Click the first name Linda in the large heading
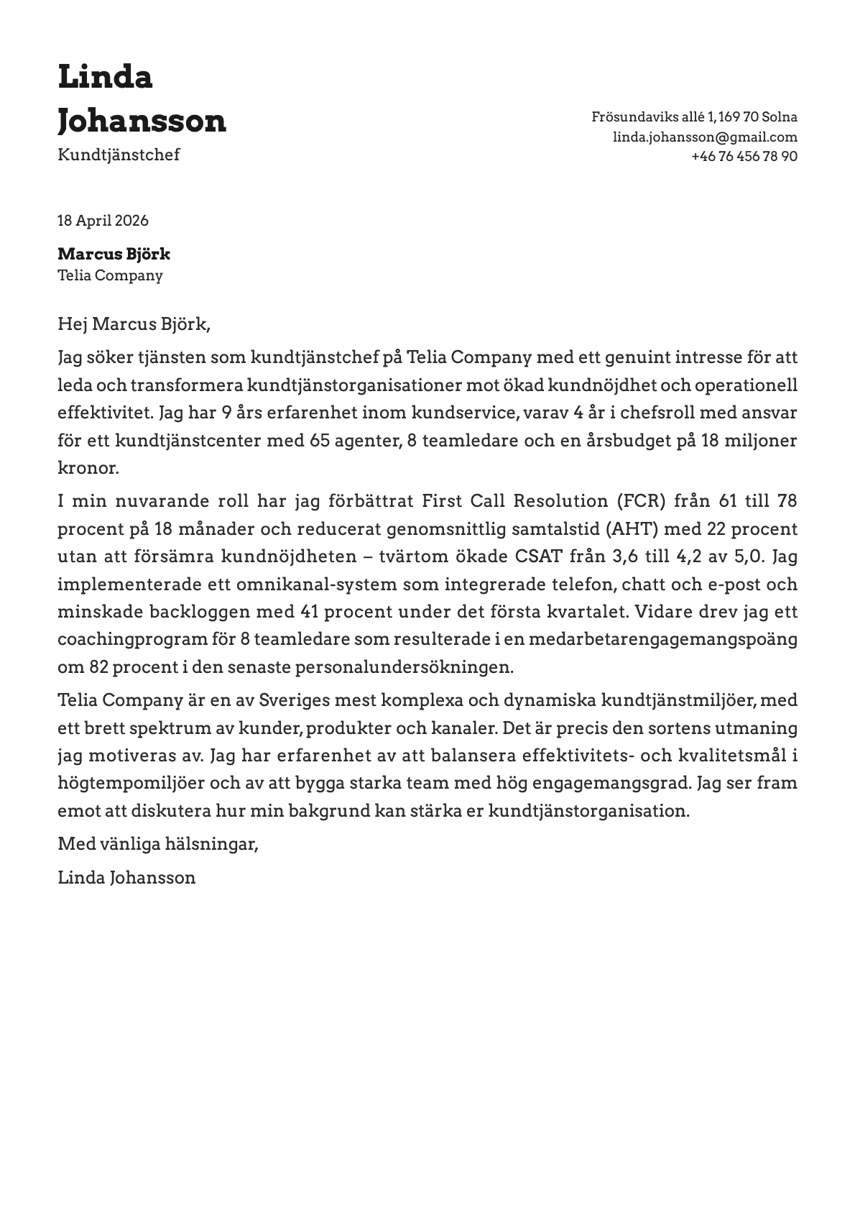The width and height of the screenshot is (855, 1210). (x=105, y=77)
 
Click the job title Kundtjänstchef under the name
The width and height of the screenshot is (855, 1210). (x=119, y=155)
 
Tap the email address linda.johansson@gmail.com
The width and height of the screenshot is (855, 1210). (x=704, y=137)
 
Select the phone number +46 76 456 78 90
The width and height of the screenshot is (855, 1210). (x=744, y=156)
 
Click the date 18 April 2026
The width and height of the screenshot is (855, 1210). (x=103, y=221)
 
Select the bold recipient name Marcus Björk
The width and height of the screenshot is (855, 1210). (x=114, y=254)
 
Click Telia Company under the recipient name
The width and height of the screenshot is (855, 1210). (x=110, y=275)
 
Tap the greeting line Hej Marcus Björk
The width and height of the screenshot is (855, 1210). (x=134, y=324)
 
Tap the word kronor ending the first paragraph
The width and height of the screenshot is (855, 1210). (x=88, y=468)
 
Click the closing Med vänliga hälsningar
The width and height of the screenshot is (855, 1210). (x=157, y=843)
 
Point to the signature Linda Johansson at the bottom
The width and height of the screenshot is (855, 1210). (x=126, y=877)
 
